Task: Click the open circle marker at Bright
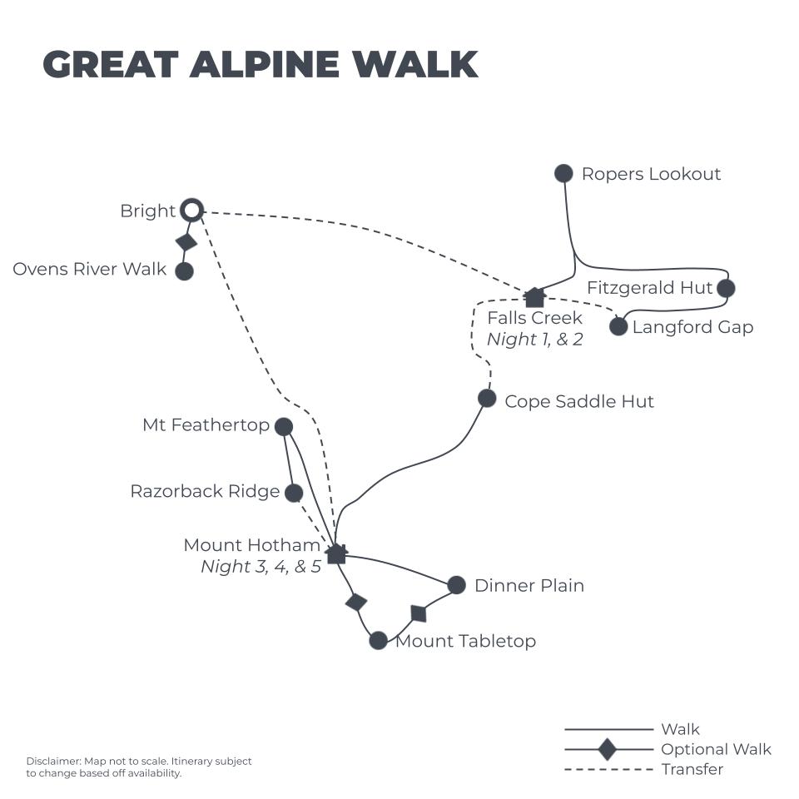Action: click(x=192, y=211)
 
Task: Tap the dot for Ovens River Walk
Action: click(x=184, y=270)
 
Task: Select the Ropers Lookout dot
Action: click(x=563, y=173)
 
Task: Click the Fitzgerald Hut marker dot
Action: click(x=726, y=288)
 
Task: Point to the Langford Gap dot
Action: click(x=618, y=326)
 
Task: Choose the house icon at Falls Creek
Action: click(x=534, y=297)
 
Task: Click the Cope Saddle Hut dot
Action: click(x=487, y=399)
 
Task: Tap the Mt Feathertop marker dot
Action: click(x=284, y=427)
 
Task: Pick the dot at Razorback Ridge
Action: click(x=294, y=493)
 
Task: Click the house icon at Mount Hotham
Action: click(x=336, y=553)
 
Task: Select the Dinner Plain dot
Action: click(x=456, y=585)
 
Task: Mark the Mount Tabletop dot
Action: click(x=378, y=640)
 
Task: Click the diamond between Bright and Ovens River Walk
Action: click(x=186, y=241)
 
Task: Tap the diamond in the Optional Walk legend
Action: click(x=608, y=749)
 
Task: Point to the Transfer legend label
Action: click(x=692, y=769)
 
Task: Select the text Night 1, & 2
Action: click(x=535, y=340)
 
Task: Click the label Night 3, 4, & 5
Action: click(x=261, y=567)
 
